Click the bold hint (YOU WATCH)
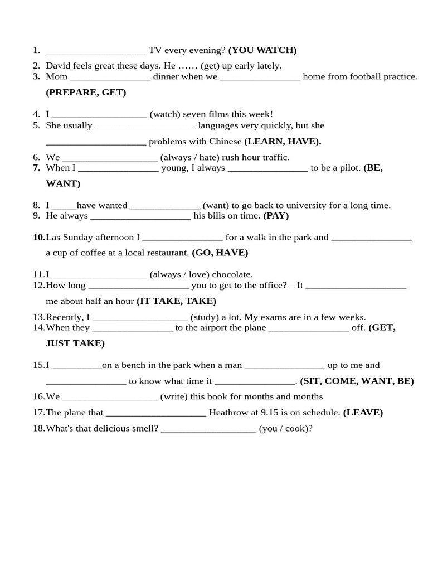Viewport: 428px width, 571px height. pos(262,50)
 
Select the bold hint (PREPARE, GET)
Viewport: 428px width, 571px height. pos(86,93)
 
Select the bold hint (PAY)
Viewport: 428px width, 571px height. pos(276,216)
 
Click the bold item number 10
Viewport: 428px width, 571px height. pos(39,238)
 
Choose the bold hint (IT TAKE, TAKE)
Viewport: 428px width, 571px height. pos(176,301)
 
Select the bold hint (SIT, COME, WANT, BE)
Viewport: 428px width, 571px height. pos(357,381)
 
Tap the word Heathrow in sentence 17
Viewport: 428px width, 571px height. pos(227,413)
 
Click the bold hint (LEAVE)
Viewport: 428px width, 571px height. pos(363,413)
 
